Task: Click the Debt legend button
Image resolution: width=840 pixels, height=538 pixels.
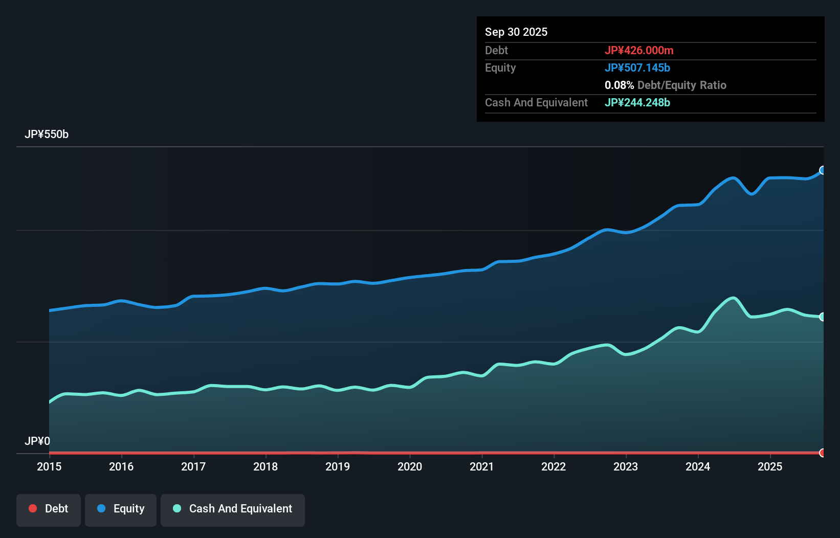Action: coord(49,509)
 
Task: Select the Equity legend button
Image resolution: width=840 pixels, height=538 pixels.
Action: coord(121,509)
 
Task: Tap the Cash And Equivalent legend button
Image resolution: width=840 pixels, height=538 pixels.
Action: coord(233,509)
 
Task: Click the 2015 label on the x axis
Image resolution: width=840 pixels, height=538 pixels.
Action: coord(49,466)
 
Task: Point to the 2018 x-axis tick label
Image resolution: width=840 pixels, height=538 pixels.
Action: coord(266,466)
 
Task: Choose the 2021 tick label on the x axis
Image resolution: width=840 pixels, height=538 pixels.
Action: coord(482,466)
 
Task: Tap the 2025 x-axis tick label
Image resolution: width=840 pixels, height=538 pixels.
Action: coord(770,466)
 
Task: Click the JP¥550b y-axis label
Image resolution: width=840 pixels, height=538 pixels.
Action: coord(47,134)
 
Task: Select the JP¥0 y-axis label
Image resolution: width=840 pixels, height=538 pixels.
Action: coord(37,441)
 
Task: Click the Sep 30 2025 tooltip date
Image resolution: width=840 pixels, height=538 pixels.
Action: coord(516,32)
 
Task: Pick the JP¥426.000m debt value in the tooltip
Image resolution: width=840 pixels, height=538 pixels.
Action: coord(639,51)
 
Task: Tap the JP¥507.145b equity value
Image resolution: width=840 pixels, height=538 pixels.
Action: coord(637,68)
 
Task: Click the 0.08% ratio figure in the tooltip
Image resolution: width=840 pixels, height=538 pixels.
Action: coord(619,85)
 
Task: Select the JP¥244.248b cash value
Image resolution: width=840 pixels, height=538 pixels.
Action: coord(637,103)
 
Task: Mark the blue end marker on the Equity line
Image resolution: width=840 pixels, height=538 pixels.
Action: coord(823,170)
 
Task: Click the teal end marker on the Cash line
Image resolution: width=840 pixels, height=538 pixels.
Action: coord(823,317)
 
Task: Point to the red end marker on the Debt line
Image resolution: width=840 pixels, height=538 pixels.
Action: coord(823,453)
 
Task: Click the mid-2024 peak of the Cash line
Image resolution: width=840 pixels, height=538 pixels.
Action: coord(734,298)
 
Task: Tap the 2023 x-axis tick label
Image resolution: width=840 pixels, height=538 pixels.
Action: coord(626,466)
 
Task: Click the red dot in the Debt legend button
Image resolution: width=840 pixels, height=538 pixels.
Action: coord(33,508)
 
